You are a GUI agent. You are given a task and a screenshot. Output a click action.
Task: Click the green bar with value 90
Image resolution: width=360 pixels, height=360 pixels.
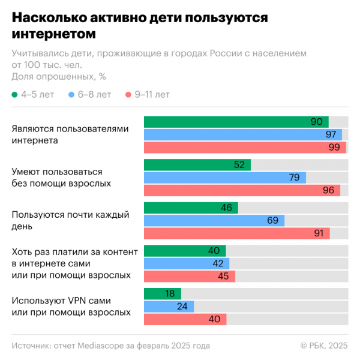[x=236, y=122]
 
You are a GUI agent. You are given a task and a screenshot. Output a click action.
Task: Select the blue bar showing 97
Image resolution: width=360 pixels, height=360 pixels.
[x=242, y=134]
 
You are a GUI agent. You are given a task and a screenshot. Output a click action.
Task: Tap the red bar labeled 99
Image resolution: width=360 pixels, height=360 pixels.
[x=245, y=147]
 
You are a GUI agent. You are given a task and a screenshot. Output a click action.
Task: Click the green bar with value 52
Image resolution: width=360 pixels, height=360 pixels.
[x=197, y=165]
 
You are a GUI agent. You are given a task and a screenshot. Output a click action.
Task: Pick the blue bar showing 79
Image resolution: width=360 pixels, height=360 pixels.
[x=224, y=178]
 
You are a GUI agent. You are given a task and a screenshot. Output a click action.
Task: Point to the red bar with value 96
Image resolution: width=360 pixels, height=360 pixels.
[x=242, y=190]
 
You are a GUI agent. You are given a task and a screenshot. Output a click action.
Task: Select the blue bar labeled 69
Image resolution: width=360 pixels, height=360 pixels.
[x=214, y=221]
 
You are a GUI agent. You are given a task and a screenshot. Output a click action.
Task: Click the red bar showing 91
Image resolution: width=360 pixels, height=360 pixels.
[x=236, y=233]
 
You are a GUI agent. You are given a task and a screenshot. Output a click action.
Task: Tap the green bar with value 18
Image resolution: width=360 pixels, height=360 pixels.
[x=162, y=294]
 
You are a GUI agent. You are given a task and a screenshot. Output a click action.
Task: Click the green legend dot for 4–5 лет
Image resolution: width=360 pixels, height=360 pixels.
[x=15, y=95]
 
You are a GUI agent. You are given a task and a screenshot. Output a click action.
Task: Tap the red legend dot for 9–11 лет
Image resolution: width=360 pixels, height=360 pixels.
[x=128, y=95]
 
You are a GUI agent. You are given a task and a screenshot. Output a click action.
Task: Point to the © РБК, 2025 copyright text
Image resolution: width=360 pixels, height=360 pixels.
[x=324, y=346]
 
